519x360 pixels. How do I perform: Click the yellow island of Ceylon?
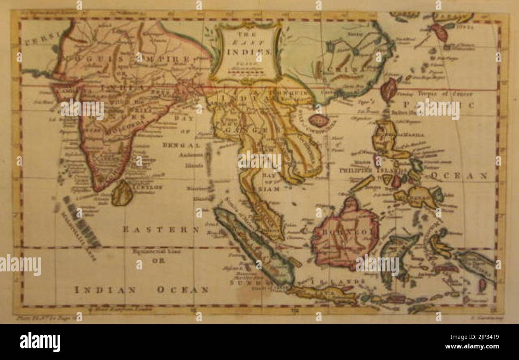pos(122,194)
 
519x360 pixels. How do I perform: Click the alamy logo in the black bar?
pos(40,342)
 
